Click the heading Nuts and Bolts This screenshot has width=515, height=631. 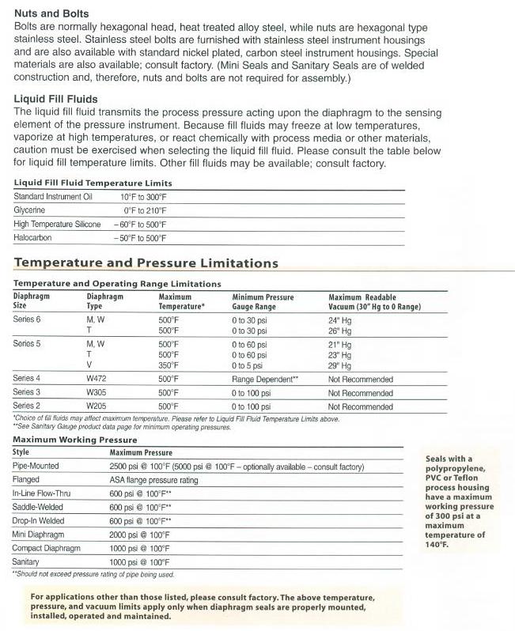tap(51, 13)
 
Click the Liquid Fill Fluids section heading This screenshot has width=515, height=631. tap(56, 99)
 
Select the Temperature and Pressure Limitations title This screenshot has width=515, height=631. tap(146, 263)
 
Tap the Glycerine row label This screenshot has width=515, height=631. tap(30, 210)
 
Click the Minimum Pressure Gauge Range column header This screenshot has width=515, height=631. tap(263, 301)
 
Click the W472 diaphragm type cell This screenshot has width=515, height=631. tap(97, 380)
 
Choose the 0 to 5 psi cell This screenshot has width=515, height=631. tap(250, 365)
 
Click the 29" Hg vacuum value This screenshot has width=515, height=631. tap(339, 365)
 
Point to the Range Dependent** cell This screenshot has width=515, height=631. tap(265, 380)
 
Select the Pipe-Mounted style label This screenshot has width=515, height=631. tap(36, 466)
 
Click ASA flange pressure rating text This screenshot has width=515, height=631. tap(154, 479)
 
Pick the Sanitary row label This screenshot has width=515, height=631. tap(27, 561)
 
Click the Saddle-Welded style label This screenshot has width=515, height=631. tap(38, 507)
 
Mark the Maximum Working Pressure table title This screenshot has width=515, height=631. tap(75, 440)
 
